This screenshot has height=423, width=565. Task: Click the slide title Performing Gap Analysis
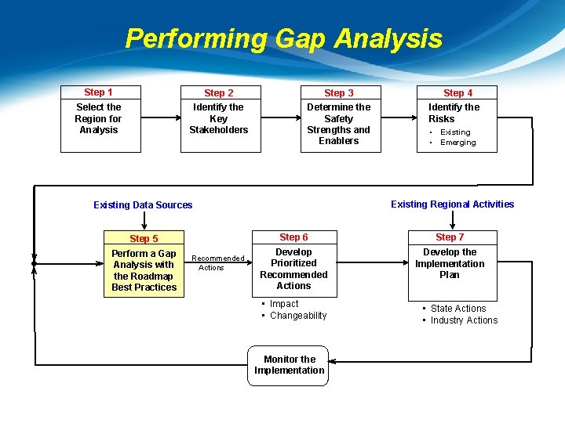tap(283, 38)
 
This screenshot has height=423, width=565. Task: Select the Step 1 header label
tap(99, 92)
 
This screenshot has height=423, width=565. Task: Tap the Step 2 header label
tap(219, 93)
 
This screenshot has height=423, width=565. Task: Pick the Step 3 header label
tap(339, 93)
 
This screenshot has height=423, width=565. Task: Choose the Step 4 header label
tap(458, 93)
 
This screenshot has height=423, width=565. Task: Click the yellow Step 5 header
tap(144, 239)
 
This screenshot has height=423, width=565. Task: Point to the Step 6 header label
tap(294, 237)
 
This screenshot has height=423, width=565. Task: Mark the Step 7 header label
tap(450, 237)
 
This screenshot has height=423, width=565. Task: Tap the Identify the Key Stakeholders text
tap(219, 118)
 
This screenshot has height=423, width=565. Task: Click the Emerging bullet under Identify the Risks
tap(457, 143)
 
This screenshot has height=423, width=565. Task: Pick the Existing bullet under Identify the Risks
tap(455, 132)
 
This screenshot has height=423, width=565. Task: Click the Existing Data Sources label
tap(143, 205)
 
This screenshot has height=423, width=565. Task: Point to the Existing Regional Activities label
tap(453, 204)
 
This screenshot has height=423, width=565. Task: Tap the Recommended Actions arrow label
tap(218, 262)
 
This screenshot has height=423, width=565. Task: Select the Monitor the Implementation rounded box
tap(289, 365)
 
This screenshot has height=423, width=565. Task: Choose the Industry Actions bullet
tap(464, 320)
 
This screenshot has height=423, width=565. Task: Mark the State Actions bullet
tap(458, 309)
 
